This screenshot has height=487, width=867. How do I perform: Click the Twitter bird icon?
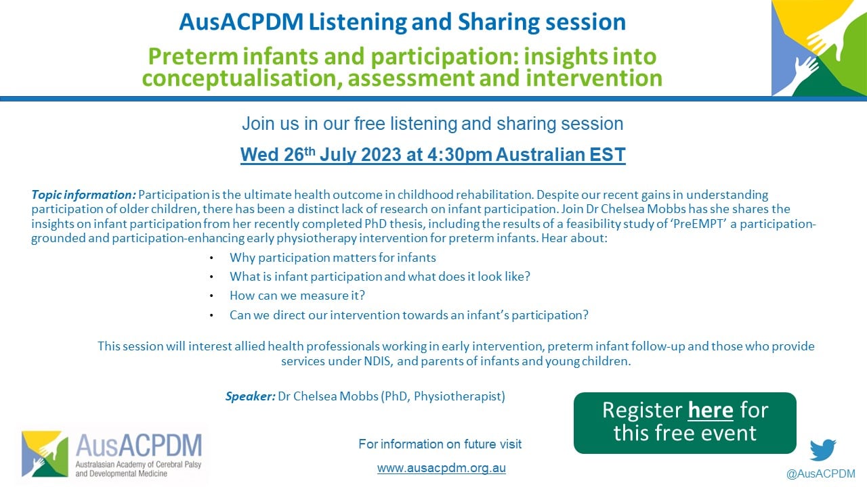click(823, 450)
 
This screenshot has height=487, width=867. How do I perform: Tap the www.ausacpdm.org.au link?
click(441, 467)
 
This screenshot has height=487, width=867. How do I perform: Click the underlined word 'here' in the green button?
click(711, 410)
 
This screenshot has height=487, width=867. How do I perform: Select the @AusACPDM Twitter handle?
click(820, 473)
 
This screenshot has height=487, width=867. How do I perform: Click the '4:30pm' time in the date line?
click(459, 155)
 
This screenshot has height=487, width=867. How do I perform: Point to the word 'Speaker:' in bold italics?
click(251, 396)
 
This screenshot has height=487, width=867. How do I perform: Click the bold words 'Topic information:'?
click(83, 194)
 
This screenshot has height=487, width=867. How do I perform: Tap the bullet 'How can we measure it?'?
click(297, 296)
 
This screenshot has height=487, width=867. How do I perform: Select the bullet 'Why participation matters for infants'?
click(333, 258)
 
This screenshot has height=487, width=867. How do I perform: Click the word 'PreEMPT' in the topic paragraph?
click(698, 224)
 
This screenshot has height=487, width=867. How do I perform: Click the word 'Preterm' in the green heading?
click(193, 56)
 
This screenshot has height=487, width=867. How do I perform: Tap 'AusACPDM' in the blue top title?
click(241, 22)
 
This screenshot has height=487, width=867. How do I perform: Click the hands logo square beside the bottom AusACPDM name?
click(45, 454)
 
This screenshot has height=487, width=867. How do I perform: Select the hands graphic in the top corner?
click(819, 48)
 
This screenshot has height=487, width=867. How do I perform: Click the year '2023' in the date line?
click(381, 155)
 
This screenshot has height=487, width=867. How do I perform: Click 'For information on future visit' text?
click(440, 444)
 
